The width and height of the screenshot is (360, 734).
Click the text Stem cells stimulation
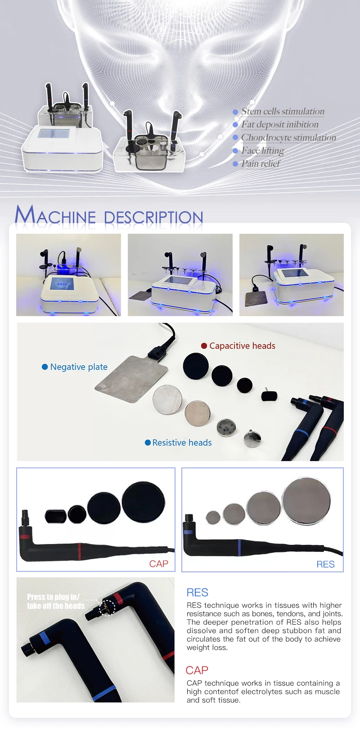283,112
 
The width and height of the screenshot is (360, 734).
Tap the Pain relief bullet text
261,164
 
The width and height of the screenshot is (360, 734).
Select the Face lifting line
262,151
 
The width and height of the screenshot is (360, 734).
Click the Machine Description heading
109,215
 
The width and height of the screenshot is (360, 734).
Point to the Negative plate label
79,367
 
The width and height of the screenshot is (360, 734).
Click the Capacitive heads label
242,346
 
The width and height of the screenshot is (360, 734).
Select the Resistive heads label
182,443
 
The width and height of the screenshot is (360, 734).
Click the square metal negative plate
131,378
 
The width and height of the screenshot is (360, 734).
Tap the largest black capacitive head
196,366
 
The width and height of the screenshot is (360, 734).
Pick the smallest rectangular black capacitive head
269,396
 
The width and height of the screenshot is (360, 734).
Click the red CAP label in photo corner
158,564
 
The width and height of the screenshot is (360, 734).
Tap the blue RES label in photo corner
325,564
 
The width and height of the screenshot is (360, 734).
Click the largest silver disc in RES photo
306,501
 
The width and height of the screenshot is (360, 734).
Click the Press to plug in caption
55,601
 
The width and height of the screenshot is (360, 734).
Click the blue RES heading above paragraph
197,593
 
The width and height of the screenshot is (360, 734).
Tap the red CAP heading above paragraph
197,670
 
